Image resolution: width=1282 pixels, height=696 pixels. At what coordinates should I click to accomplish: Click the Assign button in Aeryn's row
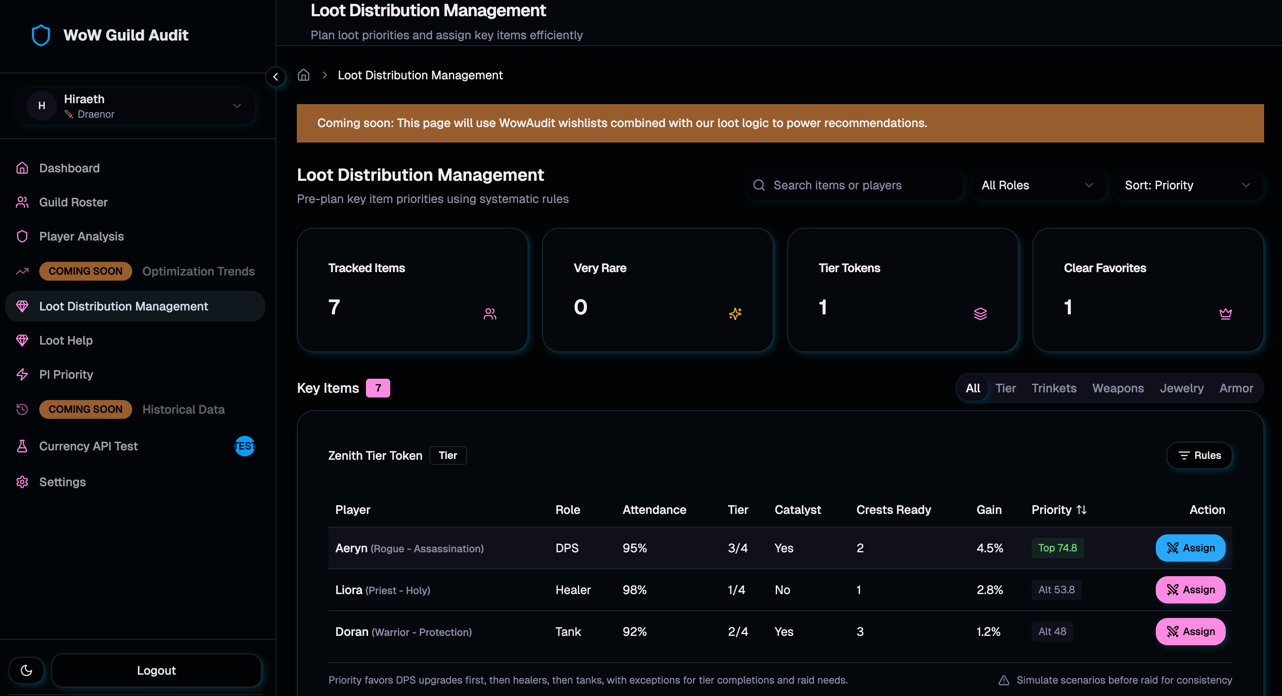(1190, 548)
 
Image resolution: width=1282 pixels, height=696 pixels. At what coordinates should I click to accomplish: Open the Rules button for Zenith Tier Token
(1199, 455)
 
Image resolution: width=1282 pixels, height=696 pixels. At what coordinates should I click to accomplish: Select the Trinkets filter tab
(1053, 388)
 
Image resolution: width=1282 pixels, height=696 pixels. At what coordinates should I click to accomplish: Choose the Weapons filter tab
(1118, 388)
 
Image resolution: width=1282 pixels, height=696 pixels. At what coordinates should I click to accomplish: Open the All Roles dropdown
(1038, 185)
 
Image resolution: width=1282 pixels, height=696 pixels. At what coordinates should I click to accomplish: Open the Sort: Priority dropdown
(1187, 185)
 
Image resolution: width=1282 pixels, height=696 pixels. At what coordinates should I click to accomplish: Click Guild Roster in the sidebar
(73, 202)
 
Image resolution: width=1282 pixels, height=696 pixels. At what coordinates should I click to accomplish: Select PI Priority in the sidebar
(66, 374)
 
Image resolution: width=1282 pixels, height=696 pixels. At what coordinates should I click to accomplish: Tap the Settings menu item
(62, 482)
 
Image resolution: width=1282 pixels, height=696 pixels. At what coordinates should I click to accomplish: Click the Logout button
(156, 670)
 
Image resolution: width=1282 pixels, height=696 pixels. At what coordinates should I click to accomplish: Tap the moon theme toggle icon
(26, 670)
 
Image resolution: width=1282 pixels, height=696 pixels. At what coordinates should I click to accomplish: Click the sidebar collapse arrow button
(275, 77)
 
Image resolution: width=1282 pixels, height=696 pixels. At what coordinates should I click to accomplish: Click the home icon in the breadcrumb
(304, 75)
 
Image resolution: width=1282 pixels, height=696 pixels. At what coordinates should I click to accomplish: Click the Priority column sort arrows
(1082, 510)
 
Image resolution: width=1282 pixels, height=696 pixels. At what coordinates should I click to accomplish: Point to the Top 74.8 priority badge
(1057, 548)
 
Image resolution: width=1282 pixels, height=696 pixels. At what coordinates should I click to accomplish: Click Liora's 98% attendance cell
(635, 589)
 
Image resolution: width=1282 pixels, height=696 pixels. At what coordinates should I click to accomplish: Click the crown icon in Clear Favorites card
(1225, 313)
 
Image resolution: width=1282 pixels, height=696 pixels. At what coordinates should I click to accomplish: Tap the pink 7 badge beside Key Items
(378, 388)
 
